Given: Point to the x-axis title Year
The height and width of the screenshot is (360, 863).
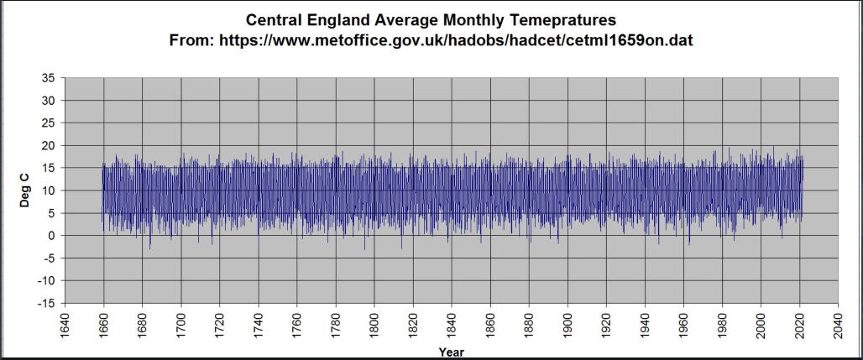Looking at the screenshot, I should (x=451, y=352).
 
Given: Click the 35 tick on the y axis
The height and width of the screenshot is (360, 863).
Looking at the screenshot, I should (x=48, y=78).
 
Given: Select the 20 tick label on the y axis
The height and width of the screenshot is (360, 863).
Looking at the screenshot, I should (x=48, y=145).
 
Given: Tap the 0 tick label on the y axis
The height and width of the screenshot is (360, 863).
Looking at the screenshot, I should (x=51, y=236).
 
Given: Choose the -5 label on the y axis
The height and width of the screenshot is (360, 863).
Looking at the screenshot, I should (x=48, y=258).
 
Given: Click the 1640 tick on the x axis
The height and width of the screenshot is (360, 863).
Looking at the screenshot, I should (x=65, y=325).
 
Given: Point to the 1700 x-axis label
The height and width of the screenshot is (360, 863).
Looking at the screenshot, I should (x=181, y=325).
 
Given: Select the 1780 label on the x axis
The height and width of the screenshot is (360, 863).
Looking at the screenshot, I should (x=336, y=325).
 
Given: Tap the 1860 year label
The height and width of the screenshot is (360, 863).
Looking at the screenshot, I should (x=490, y=325).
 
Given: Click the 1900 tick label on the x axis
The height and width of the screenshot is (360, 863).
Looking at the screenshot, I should (x=567, y=325).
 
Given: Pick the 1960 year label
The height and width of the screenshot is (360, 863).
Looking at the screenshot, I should (x=683, y=325).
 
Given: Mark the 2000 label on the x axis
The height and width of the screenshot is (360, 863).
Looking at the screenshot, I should (x=761, y=325).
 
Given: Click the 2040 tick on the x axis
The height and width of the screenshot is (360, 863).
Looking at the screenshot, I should (x=838, y=325).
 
